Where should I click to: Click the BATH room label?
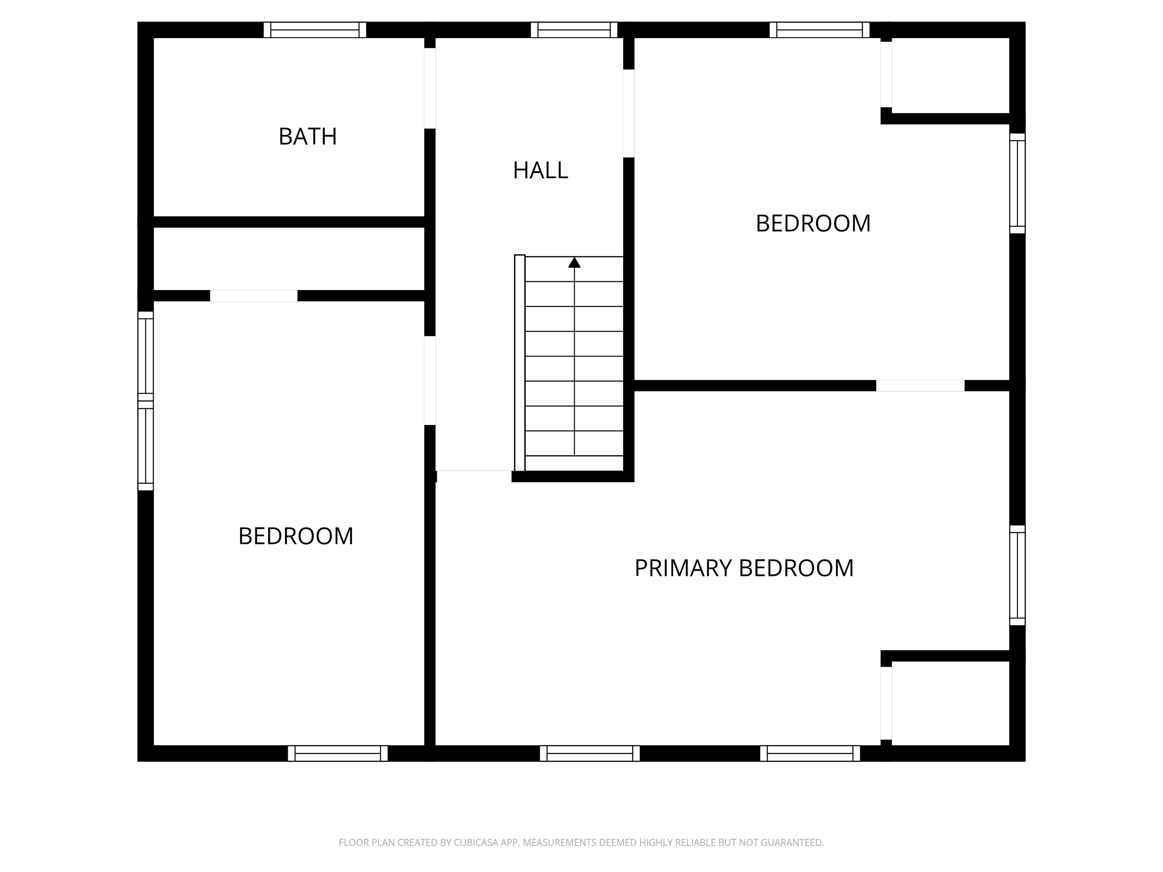point(307,137)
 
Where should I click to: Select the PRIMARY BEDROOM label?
point(744,568)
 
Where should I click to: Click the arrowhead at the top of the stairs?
point(574,262)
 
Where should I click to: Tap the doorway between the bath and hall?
point(430,88)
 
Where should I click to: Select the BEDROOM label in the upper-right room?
point(813,223)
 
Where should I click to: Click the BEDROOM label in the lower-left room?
point(295,536)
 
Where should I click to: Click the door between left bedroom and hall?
point(430,380)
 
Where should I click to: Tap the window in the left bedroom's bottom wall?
point(338,753)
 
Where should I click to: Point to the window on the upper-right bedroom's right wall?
point(1017,183)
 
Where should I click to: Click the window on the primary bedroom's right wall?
point(1017,576)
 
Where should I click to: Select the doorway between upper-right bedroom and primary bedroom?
point(920,386)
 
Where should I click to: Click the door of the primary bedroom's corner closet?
point(886,703)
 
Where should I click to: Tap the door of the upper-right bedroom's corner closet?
point(886,74)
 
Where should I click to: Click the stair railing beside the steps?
point(519,363)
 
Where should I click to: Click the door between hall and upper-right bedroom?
point(628,113)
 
